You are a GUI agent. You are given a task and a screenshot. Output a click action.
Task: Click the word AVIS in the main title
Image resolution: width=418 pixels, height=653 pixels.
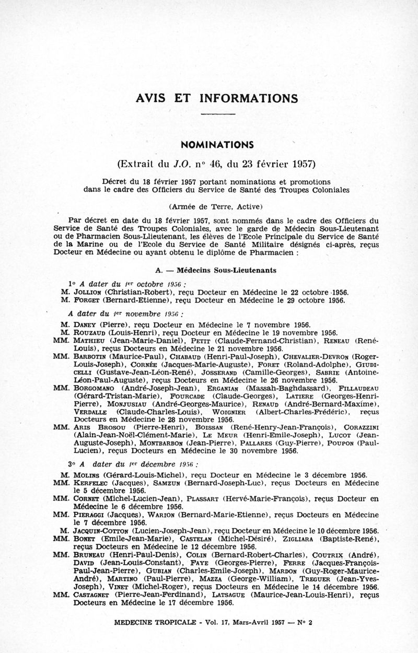click(150, 98)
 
